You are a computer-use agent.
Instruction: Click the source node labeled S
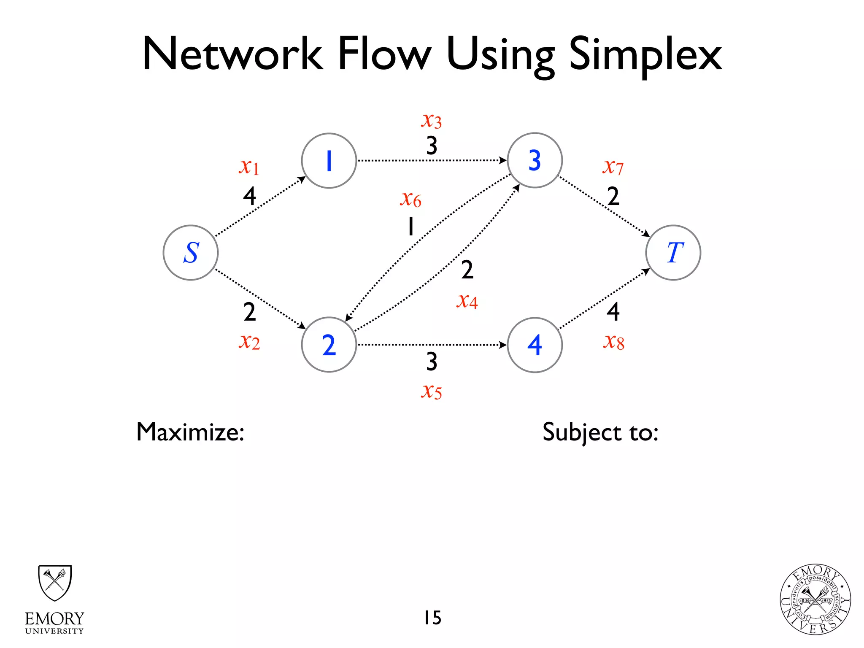(191, 253)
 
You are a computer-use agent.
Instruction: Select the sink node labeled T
(673, 253)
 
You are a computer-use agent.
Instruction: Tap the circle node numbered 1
(329, 161)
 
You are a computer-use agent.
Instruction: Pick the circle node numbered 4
(535, 345)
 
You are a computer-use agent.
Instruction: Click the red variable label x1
(249, 167)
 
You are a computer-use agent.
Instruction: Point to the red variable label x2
(249, 342)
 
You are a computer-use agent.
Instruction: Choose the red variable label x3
(431, 121)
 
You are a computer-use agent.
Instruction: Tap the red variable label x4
(467, 301)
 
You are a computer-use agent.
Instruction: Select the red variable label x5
(431, 391)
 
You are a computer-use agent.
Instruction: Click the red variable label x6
(410, 199)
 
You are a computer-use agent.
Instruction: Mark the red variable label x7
(613, 167)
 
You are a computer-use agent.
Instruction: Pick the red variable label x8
(613, 342)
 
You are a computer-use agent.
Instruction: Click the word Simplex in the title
(645, 55)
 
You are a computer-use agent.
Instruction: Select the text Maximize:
(190, 432)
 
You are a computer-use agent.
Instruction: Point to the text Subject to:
(600, 432)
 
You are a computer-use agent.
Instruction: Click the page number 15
(432, 618)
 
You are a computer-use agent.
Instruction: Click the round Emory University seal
(815, 599)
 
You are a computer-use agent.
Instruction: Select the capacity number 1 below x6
(410, 226)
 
